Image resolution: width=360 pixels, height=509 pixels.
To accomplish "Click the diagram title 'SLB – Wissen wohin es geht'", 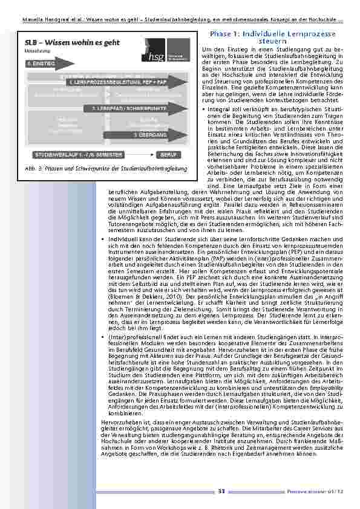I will tap(56, 44).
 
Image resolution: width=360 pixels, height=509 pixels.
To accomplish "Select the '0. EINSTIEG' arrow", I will tap(42, 63).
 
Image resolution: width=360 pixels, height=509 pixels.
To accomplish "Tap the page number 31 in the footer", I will tap(221, 492).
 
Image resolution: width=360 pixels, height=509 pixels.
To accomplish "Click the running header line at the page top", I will tap(180, 19).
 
